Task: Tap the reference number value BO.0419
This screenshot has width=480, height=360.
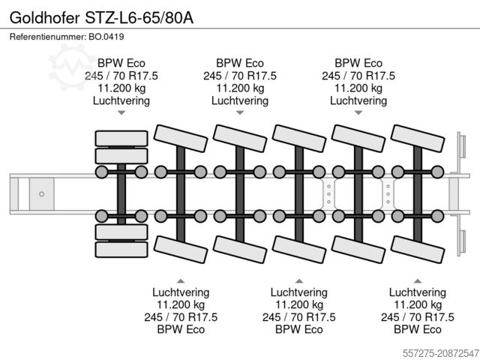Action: [107, 37]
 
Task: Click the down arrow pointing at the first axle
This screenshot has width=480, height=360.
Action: [121, 113]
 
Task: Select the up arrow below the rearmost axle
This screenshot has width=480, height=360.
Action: [418, 279]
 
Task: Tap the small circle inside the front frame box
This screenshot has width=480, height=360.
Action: [42, 193]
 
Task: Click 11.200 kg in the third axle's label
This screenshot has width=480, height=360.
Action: [240, 88]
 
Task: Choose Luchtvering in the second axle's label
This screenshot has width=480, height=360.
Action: [181, 292]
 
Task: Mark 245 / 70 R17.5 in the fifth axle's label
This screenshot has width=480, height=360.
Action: [358, 75]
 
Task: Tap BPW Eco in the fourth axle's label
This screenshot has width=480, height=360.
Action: [299, 328]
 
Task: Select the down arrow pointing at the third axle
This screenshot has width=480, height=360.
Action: [240, 113]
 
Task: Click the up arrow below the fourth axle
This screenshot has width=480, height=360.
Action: [299, 279]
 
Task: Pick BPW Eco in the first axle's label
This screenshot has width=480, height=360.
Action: [121, 63]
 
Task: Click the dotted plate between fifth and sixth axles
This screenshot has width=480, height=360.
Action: [388, 193]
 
